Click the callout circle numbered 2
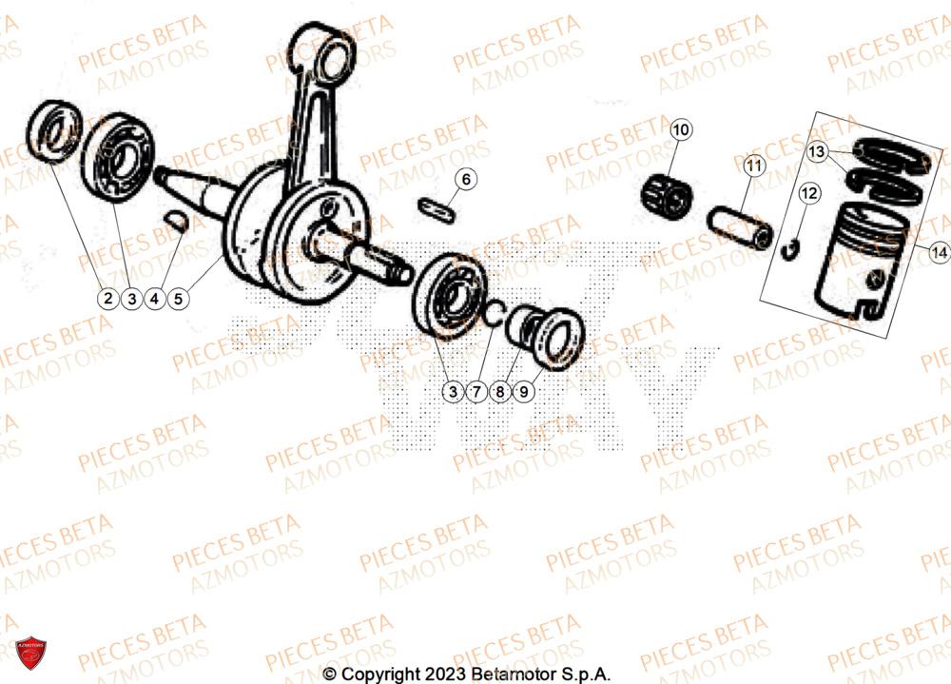point(107,299)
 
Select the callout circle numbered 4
point(154,299)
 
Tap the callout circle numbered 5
point(177,299)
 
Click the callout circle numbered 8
point(501,390)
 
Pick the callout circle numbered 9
point(525,390)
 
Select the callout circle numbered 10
point(683,129)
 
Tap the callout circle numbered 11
point(753,166)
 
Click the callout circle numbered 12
point(808,195)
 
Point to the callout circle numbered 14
point(939,253)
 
